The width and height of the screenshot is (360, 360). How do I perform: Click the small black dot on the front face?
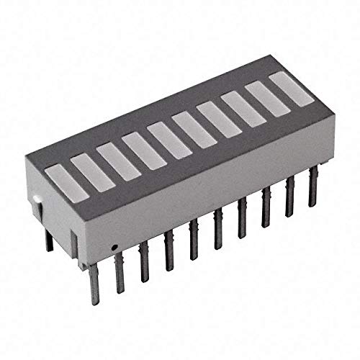point(114,247)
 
